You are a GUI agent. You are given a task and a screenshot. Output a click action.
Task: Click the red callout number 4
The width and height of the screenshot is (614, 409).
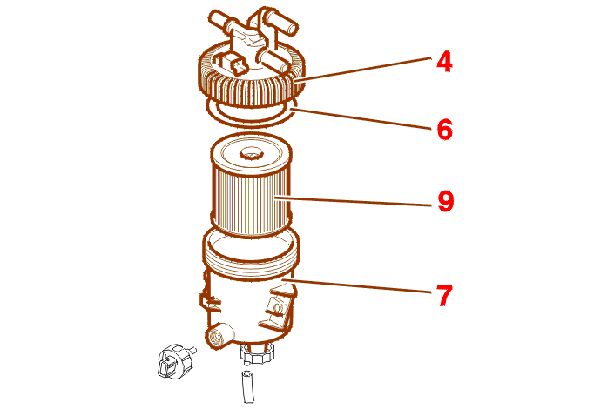tap(444, 63)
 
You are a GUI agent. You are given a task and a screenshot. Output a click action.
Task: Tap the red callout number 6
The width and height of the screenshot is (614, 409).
tap(444, 130)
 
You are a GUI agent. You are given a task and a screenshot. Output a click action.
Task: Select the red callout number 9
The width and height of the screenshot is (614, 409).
tap(445, 201)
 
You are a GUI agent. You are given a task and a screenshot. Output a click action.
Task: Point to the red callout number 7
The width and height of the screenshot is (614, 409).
tap(444, 296)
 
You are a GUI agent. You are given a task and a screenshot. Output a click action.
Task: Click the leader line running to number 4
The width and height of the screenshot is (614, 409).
tap(362, 70)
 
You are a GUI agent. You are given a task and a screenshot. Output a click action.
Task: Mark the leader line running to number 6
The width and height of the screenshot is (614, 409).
tap(361, 119)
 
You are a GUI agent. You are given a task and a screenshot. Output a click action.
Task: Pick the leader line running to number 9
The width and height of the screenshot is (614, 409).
tap(354, 201)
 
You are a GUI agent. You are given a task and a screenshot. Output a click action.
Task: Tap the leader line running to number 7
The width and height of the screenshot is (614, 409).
tap(357, 286)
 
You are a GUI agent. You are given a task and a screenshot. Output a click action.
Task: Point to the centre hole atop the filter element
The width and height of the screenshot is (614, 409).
tap(250, 153)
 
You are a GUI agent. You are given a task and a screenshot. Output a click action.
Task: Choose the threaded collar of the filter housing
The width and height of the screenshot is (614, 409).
tap(252, 254)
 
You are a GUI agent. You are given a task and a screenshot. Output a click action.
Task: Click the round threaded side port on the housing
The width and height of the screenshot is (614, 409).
tap(217, 335)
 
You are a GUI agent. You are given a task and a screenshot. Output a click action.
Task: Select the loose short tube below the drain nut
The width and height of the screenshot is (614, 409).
tap(248, 386)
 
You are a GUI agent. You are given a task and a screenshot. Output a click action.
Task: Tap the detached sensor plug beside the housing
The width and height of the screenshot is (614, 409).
tap(175, 361)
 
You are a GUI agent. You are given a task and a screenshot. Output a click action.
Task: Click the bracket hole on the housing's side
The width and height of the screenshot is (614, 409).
tap(278, 307)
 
